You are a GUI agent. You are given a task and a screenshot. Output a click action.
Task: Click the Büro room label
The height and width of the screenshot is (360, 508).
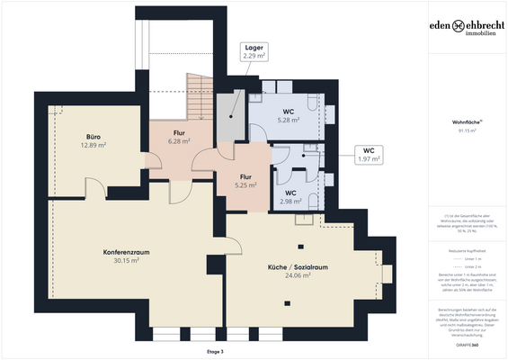[x=93, y=137]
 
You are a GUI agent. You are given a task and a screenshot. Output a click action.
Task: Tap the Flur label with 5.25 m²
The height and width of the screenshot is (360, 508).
[x=246, y=176]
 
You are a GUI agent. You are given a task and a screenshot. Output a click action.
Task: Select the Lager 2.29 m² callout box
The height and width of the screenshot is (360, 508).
[x=254, y=51]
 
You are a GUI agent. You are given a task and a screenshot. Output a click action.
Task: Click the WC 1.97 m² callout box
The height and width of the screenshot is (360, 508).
[x=369, y=155]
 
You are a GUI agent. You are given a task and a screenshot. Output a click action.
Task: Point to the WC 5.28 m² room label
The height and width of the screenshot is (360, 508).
[x=288, y=112]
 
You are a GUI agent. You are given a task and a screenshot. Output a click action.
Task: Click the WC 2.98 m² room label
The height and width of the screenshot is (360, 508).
[x=290, y=193]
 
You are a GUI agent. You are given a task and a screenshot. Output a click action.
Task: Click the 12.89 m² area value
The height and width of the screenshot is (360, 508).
[x=93, y=145]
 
